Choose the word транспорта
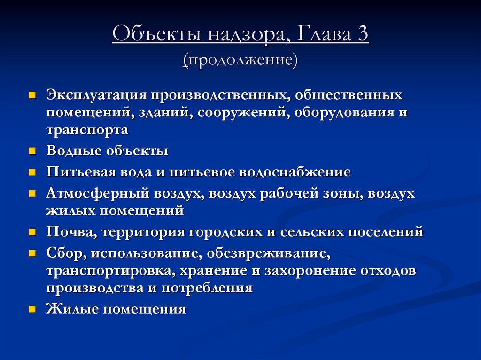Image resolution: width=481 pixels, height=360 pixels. (x=87, y=130)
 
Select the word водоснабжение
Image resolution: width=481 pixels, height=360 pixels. (x=295, y=172)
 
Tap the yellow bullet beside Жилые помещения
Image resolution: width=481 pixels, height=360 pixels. (x=32, y=309)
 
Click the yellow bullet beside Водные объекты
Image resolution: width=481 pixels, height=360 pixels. (x=32, y=151)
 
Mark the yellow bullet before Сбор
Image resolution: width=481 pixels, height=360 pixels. (x=32, y=253)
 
